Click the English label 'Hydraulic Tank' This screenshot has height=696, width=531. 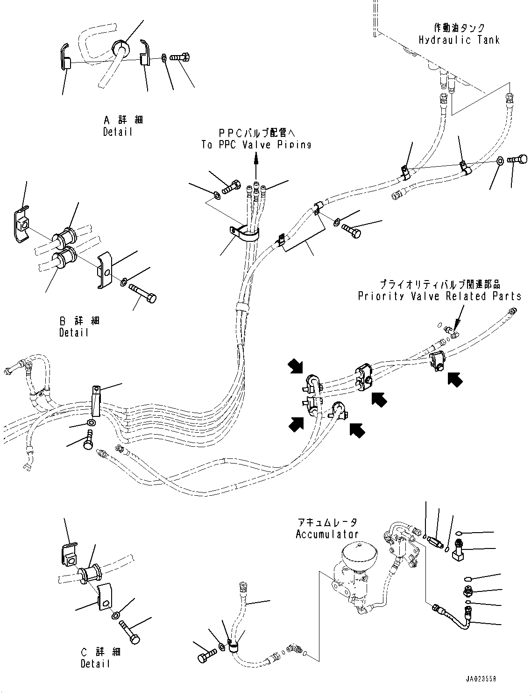point(459,40)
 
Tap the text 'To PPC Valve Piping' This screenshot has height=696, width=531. point(256,145)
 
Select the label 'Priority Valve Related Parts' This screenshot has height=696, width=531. point(439,296)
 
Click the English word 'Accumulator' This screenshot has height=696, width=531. point(327,534)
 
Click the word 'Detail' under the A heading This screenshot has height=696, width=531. point(118,132)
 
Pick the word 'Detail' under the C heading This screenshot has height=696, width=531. point(95,663)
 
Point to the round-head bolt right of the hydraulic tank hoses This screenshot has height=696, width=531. point(517,160)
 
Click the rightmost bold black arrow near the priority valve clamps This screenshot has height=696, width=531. point(455,379)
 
